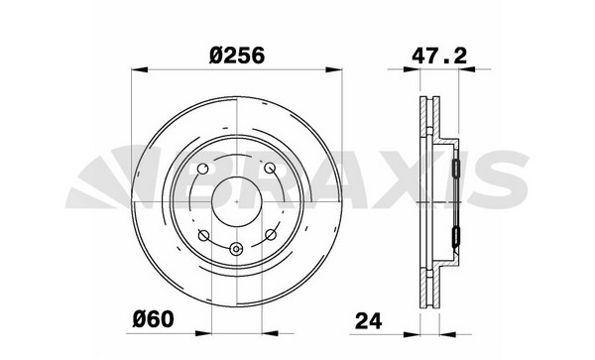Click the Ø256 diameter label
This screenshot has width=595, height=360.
(236, 57)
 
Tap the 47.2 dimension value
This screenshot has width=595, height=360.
(439, 57)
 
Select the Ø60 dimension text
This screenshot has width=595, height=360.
(154, 319)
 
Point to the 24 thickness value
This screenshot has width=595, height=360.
(368, 321)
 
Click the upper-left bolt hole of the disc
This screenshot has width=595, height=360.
(203, 168)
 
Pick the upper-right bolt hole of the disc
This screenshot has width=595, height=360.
(270, 168)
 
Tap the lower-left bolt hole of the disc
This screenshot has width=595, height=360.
(203, 236)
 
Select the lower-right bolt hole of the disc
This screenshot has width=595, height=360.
(270, 235)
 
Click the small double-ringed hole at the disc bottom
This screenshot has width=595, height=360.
(236, 249)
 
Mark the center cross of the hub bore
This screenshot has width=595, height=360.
(237, 201)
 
